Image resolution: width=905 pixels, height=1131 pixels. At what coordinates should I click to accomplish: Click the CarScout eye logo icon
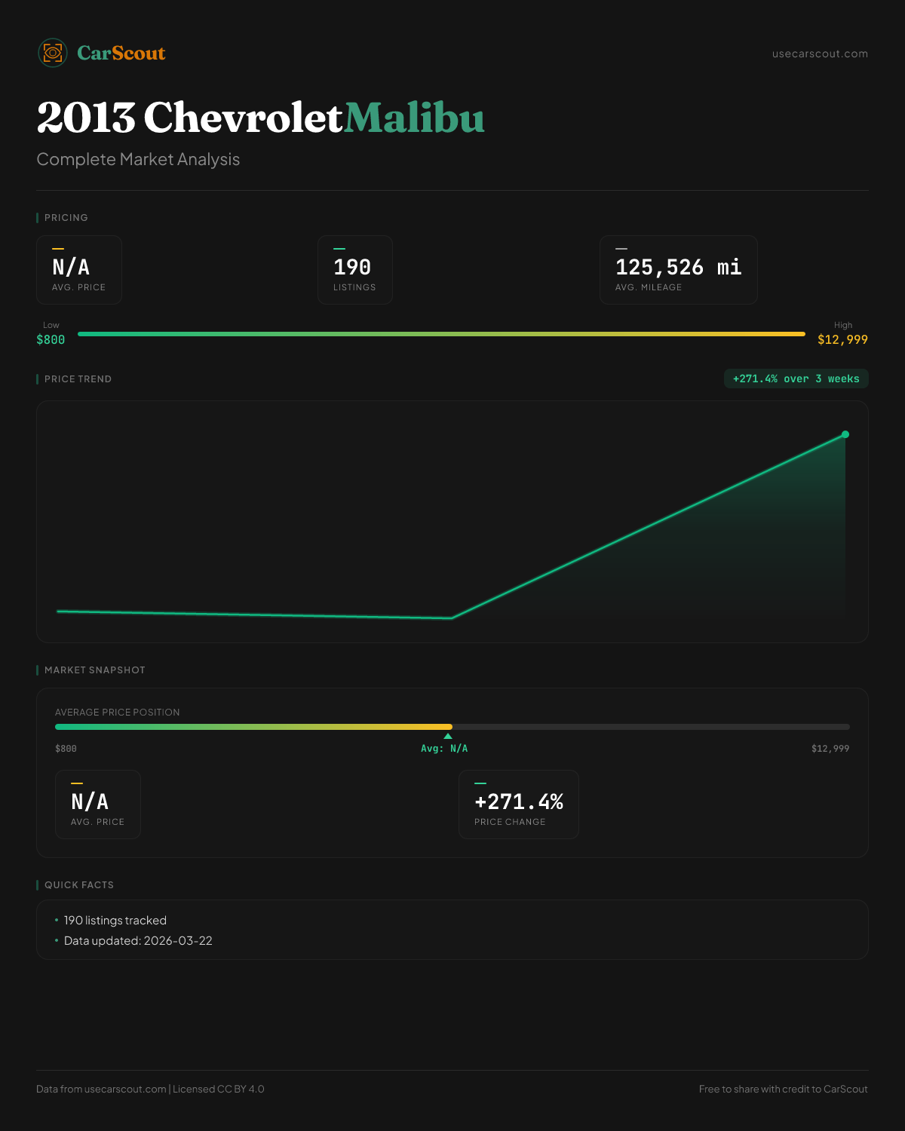pos(53,53)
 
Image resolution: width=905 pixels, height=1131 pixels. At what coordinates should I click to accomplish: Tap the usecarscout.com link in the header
pos(820,54)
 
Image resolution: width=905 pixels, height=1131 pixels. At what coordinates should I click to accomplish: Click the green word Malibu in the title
pos(414,118)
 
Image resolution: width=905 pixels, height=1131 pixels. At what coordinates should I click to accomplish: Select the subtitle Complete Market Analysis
pos(138,160)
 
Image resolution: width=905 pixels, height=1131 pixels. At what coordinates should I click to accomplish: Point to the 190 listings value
pos(352,268)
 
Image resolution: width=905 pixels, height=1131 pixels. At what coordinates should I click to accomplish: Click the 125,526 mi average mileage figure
pos(678,268)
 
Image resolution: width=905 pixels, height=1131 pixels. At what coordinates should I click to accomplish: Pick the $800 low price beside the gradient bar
pos(51,340)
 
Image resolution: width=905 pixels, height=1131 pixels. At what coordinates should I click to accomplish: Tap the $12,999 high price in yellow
pos(842,340)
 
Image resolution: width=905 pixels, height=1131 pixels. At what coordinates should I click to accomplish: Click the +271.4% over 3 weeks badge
pos(796,379)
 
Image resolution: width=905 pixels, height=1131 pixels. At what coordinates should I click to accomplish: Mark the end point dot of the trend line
pos(845,434)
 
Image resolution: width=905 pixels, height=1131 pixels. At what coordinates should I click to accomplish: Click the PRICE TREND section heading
pos(78,379)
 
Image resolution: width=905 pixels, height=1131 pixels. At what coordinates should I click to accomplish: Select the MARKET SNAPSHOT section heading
pos(94,670)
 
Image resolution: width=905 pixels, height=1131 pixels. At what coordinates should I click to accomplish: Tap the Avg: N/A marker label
pos(444,749)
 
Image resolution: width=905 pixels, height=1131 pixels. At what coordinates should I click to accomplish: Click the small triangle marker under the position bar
pos(448,736)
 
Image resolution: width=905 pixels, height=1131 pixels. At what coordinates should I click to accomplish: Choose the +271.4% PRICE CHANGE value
pos(519,802)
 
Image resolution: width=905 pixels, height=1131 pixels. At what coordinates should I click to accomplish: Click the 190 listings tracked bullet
pos(115,921)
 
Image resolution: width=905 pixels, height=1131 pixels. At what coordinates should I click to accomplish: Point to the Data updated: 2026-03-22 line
pos(138,941)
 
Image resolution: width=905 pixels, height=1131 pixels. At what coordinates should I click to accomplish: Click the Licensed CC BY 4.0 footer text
pos(219,1090)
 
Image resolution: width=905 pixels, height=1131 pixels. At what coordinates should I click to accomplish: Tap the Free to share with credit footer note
pos(783,1090)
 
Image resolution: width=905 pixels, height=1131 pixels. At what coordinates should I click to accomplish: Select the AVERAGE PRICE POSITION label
pos(118,713)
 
